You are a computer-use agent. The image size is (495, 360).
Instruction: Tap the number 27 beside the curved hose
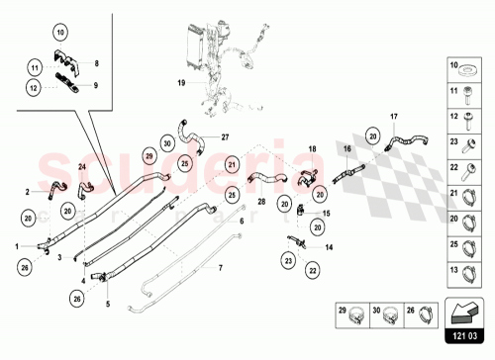tap(225, 136)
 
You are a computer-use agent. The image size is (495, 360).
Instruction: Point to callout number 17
tap(393, 118)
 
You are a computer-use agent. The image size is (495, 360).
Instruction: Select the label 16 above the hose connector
tap(347, 148)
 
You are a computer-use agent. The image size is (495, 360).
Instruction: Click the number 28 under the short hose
tap(261, 201)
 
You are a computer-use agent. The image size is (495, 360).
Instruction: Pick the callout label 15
tap(328, 214)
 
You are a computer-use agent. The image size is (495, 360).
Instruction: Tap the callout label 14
tap(328, 247)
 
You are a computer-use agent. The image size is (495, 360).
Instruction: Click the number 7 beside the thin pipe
tap(221, 268)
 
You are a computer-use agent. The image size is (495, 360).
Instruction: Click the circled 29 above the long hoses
tap(149, 156)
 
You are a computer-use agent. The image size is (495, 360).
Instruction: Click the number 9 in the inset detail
tap(96, 86)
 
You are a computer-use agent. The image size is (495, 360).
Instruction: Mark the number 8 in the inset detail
tap(96, 63)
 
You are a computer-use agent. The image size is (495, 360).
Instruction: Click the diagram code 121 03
tap(464, 337)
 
